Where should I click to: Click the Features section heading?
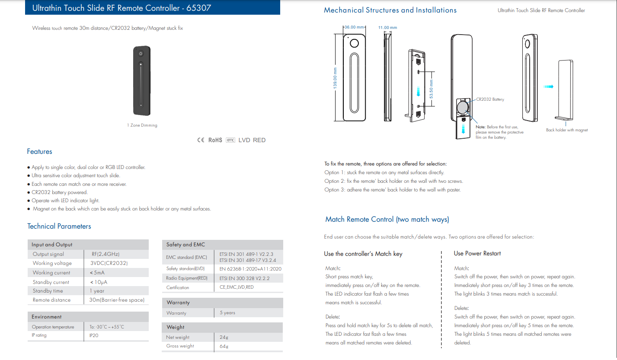click(39, 152)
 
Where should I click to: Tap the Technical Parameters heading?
click(59, 226)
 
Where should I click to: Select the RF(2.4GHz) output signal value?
click(105, 254)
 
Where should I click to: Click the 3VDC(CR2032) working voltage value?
click(109, 263)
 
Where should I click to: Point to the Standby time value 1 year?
click(97, 291)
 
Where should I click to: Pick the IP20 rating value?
click(94, 335)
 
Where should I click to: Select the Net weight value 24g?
click(224, 337)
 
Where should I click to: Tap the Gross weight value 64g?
click(224, 346)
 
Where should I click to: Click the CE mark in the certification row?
click(200, 140)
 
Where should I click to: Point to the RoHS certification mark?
click(215, 140)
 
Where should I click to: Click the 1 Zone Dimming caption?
click(142, 125)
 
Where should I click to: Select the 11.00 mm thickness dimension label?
click(387, 28)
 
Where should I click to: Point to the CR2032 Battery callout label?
click(490, 99)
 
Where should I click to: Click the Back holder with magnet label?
click(567, 130)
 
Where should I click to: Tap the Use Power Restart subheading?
click(477, 254)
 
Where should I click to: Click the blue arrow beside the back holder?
click(549, 86)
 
